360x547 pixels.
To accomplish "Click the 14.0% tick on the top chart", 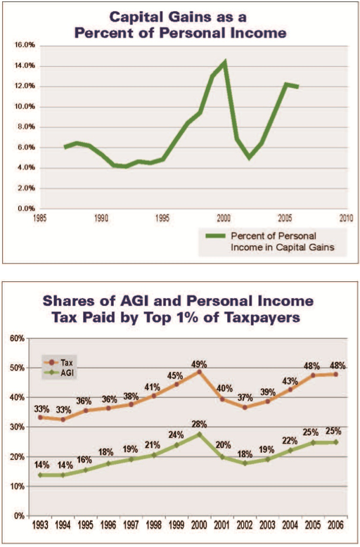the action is pos(25,65).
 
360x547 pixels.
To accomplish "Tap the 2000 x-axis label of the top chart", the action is pos(224,218).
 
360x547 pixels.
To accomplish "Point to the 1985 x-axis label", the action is pos(39,218).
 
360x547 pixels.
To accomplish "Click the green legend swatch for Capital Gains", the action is pos(215,236).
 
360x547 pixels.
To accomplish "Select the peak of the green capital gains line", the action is pos(225,62).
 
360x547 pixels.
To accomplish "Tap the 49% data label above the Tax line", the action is pos(199,365).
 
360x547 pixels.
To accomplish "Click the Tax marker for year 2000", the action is pos(199,372).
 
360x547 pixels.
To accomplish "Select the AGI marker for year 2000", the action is pos(199,435).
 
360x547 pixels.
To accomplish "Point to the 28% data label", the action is pos(199,424).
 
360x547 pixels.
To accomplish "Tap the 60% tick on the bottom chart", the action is pos(18,338).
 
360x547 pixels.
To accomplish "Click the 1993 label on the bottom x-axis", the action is pos(40,525).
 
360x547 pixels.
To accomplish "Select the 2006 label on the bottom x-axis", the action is pos(335,525).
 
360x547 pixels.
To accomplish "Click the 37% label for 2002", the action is pos(245,397).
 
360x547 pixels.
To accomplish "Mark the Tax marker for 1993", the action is pos(40,417).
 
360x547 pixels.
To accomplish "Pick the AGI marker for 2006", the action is pos(336,442).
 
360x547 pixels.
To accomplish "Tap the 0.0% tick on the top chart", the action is pos(26,209).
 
